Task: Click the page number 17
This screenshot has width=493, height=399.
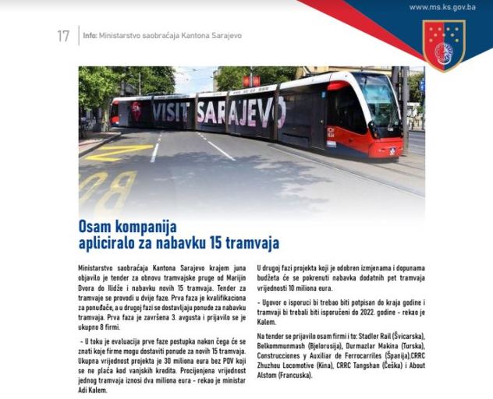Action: pyautogui.click(x=63, y=36)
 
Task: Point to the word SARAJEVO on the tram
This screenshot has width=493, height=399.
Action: pyautogui.click(x=239, y=112)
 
